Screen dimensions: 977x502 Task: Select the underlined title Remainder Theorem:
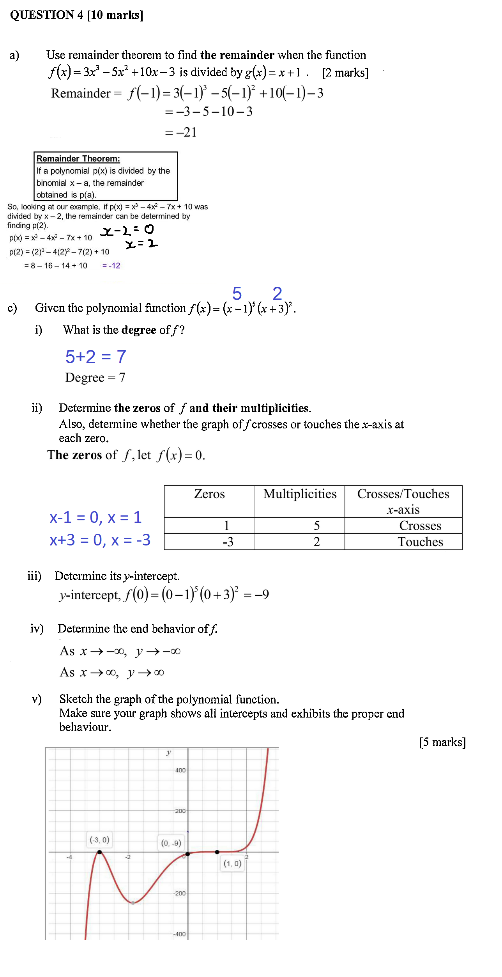78,158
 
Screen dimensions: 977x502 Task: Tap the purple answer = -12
111,266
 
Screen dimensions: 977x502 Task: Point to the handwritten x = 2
141,244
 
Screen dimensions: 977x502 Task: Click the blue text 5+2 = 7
95,357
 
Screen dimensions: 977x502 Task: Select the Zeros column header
209,494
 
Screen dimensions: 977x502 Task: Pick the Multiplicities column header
300,494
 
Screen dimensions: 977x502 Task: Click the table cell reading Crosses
420,526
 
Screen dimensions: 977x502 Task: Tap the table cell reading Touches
420,542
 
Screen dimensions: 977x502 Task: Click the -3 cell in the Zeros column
228,542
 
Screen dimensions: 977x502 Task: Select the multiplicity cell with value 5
316,526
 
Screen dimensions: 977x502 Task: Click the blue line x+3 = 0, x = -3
100,540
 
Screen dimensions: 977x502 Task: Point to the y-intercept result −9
261,594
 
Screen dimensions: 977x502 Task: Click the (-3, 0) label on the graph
99,840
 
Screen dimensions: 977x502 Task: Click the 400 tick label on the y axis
180,770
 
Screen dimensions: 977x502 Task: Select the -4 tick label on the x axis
69,857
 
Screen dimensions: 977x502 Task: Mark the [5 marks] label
442,742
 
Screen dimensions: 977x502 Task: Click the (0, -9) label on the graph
171,843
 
